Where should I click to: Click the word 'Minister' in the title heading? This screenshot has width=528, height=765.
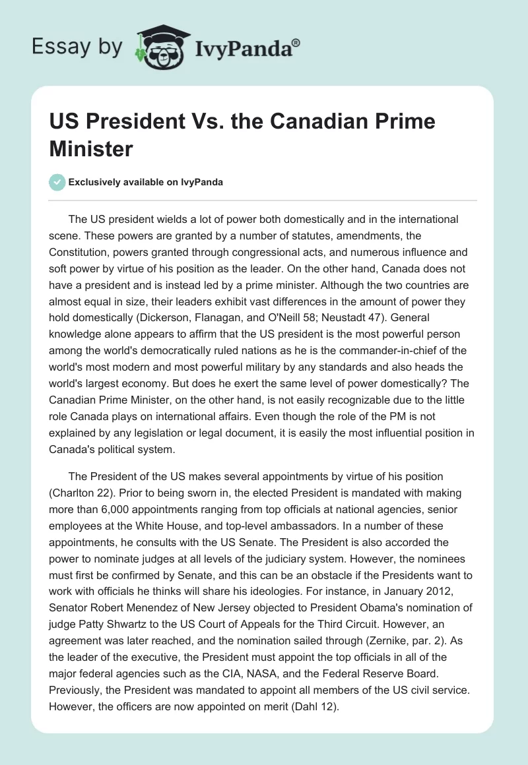(91, 148)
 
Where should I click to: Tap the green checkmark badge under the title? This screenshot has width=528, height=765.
(57, 182)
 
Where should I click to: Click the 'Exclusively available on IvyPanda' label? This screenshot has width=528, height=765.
(145, 182)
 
